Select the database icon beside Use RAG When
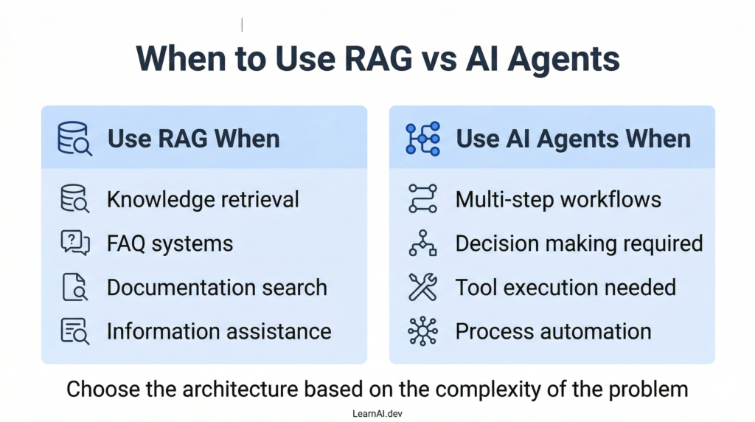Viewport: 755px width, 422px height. pyautogui.click(x=74, y=139)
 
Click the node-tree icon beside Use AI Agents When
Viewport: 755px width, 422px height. pyautogui.click(x=422, y=139)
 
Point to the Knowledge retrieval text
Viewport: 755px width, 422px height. pyautogui.click(x=203, y=199)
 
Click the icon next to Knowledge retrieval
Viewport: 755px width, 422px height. pyautogui.click(x=74, y=199)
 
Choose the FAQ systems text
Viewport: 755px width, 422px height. pyautogui.click(x=170, y=243)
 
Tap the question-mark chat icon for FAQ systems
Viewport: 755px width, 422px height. pyautogui.click(x=74, y=243)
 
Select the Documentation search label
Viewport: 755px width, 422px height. pyautogui.click(x=217, y=287)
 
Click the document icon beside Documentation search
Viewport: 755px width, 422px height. pyautogui.click(x=74, y=287)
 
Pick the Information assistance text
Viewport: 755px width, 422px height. pyautogui.click(x=219, y=331)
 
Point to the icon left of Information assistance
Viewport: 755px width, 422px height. pyautogui.click(x=74, y=331)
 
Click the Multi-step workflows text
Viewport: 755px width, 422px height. pyautogui.click(x=558, y=199)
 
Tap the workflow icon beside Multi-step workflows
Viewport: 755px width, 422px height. pyautogui.click(x=422, y=199)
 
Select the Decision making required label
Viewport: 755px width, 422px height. pyautogui.click(x=579, y=243)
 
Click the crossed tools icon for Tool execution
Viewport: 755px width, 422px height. pyautogui.click(x=422, y=287)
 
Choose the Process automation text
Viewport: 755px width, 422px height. pyautogui.click(x=553, y=331)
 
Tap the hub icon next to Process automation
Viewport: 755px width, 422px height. pyautogui.click(x=422, y=331)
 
